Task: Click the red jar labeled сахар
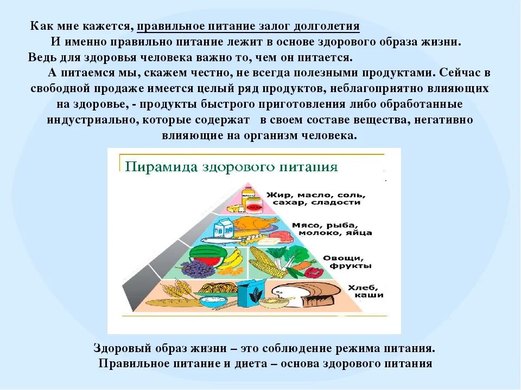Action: tap(253, 206)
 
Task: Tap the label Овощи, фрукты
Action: tap(340, 262)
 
